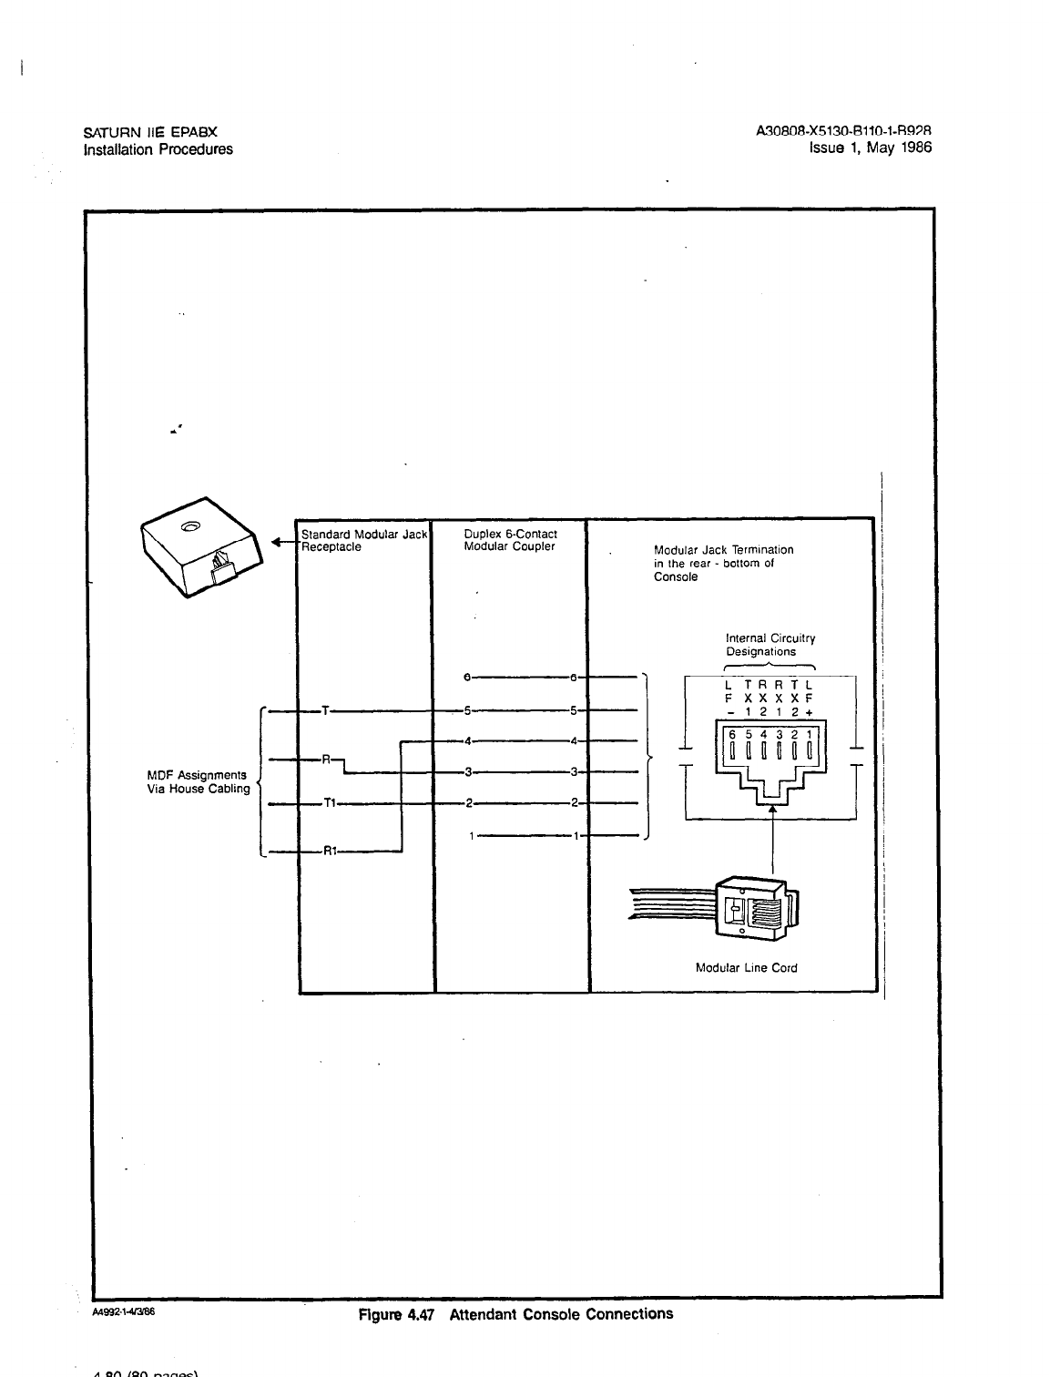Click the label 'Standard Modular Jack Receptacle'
(x=363, y=540)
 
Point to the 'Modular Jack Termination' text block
(x=723, y=563)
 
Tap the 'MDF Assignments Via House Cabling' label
(x=198, y=781)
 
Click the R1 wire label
(x=331, y=852)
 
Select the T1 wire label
(x=331, y=804)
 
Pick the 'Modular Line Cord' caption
(x=746, y=968)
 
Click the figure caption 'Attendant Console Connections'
(x=561, y=1314)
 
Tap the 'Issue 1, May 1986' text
(x=872, y=148)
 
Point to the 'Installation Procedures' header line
(x=158, y=149)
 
